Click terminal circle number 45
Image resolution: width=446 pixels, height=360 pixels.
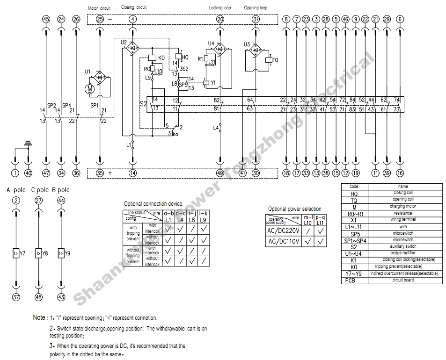tap(46, 19)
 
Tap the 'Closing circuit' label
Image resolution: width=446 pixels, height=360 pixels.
tap(134, 7)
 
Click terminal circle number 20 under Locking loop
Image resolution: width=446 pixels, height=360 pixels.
tap(220, 19)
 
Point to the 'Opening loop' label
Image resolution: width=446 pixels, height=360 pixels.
tap(256, 8)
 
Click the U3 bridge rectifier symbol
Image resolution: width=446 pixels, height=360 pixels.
tap(256, 50)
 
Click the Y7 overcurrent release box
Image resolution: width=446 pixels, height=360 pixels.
tap(16, 253)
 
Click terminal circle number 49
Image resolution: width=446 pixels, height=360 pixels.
tap(220, 173)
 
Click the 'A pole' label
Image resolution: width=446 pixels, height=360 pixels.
tap(16, 190)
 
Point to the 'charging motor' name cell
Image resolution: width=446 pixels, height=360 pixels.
tap(403, 206)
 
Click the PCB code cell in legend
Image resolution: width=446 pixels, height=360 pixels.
tap(354, 281)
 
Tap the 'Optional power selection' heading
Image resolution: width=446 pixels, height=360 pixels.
tap(294, 209)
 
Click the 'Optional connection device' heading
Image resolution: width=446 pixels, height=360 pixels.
tap(153, 204)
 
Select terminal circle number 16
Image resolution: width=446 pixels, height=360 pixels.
tap(400, 173)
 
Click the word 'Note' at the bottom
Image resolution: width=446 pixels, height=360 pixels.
tap(39, 317)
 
